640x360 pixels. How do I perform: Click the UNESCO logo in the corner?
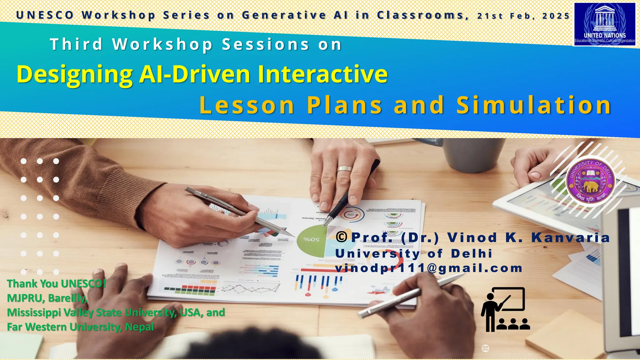tap(605, 24)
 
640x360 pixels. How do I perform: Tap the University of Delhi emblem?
tap(590, 182)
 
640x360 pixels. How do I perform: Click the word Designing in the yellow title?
tap(74, 74)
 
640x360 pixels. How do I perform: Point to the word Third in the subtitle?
tap(76, 44)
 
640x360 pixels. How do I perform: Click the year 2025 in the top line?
tap(556, 16)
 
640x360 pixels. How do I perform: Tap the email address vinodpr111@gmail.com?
tap(428, 268)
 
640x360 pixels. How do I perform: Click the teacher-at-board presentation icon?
tap(505, 309)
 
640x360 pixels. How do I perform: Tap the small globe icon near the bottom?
tap(485, 348)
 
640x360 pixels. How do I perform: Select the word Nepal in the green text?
tap(139, 327)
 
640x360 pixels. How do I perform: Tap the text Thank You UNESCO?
tap(56, 284)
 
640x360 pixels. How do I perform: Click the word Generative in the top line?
tap(284, 15)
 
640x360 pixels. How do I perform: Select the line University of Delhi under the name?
tap(414, 253)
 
